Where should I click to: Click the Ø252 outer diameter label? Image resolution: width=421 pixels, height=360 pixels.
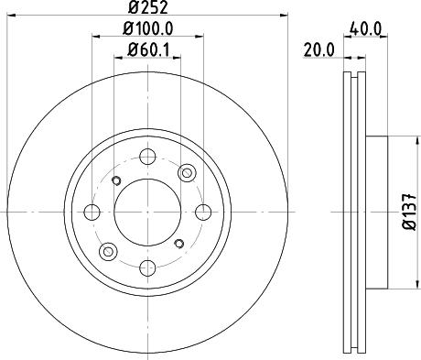[x=147, y=10]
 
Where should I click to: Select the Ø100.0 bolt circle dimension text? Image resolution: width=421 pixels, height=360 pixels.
[x=148, y=31]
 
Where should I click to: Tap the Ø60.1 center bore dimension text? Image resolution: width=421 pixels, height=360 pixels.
[x=148, y=49]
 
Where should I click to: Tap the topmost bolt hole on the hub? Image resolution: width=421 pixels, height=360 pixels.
[x=147, y=157]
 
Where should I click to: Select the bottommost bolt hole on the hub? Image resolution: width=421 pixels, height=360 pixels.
[x=147, y=267]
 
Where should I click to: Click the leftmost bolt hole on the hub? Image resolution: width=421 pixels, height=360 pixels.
[x=92, y=213]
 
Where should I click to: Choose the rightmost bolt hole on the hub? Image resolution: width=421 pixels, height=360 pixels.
[x=203, y=213]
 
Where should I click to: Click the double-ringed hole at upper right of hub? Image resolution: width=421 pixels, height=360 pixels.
[x=187, y=172]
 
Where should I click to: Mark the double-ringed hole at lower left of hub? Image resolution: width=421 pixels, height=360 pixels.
[x=108, y=252]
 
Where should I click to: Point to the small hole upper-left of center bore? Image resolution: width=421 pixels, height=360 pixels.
[x=115, y=180]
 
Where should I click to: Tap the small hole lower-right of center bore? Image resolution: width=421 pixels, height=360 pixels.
[x=179, y=243]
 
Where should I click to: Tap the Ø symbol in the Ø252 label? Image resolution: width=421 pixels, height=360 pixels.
[x=133, y=10]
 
